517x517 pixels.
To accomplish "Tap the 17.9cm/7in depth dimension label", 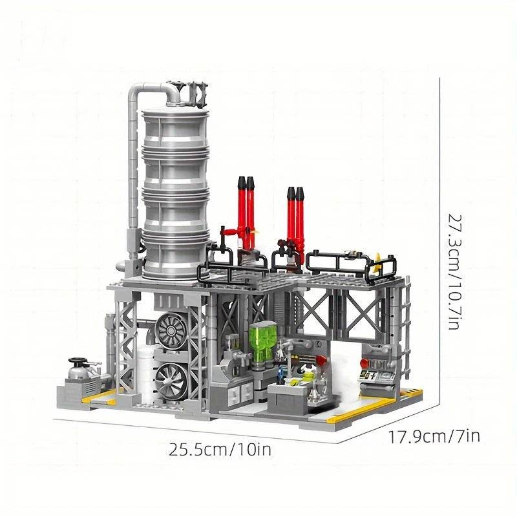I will point(434,436).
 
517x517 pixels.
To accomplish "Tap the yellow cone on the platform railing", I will point(377,260).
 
